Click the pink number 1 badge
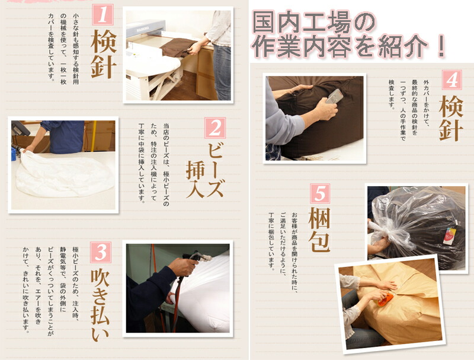click(103, 15)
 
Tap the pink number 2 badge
click(215, 128)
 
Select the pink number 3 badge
click(101, 252)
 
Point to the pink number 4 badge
click(451, 80)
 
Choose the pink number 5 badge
click(320, 193)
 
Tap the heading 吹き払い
click(100, 305)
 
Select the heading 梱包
click(319, 230)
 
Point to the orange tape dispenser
click(385, 300)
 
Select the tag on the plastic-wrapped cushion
click(449, 236)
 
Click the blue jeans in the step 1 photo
click(222, 72)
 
